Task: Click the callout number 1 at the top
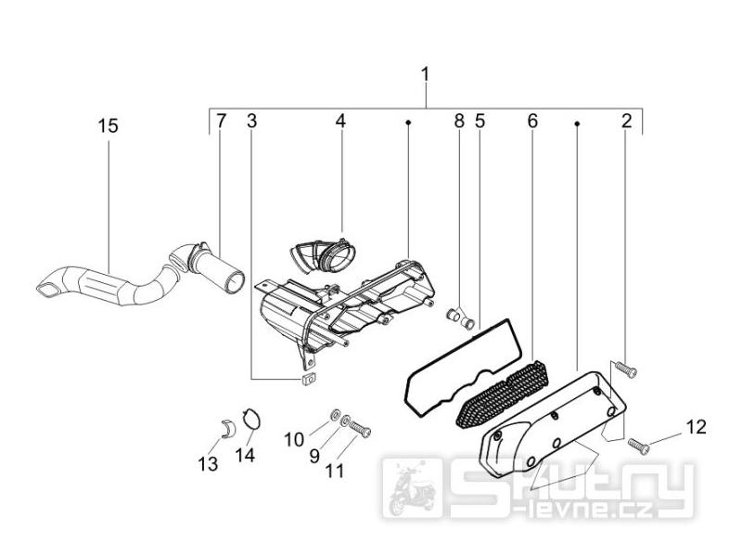click(425, 74)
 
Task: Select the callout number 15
click(108, 126)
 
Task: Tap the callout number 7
click(221, 121)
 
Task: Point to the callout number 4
click(340, 121)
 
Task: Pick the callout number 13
click(208, 463)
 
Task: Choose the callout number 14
click(245, 455)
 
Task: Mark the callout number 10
click(294, 439)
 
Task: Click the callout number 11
click(334, 471)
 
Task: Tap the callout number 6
click(532, 121)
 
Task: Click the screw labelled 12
click(638, 447)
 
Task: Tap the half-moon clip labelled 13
click(230, 428)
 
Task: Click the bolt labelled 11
click(361, 429)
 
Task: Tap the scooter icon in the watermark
click(412, 489)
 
